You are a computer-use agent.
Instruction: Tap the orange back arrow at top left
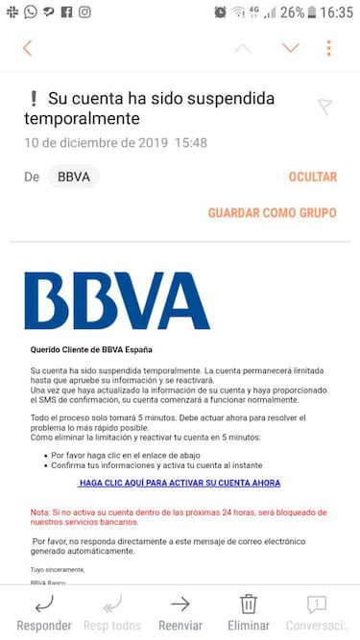[x=28, y=48]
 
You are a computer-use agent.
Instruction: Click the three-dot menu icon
[x=329, y=48]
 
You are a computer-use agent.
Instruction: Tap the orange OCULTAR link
[x=312, y=178]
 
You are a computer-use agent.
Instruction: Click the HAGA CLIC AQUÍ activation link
[x=180, y=484]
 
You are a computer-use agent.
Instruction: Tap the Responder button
[x=44, y=612]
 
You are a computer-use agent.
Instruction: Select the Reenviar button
[x=180, y=612]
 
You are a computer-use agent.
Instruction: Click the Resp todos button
[x=111, y=612]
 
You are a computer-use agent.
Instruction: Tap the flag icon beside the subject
[x=324, y=107]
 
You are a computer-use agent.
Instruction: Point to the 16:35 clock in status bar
[x=336, y=12]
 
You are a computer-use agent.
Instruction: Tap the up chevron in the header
[x=244, y=48]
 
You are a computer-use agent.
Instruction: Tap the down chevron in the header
[x=290, y=48]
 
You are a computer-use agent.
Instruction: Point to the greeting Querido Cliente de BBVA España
[x=91, y=349]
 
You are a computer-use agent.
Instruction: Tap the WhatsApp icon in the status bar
[x=31, y=12]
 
